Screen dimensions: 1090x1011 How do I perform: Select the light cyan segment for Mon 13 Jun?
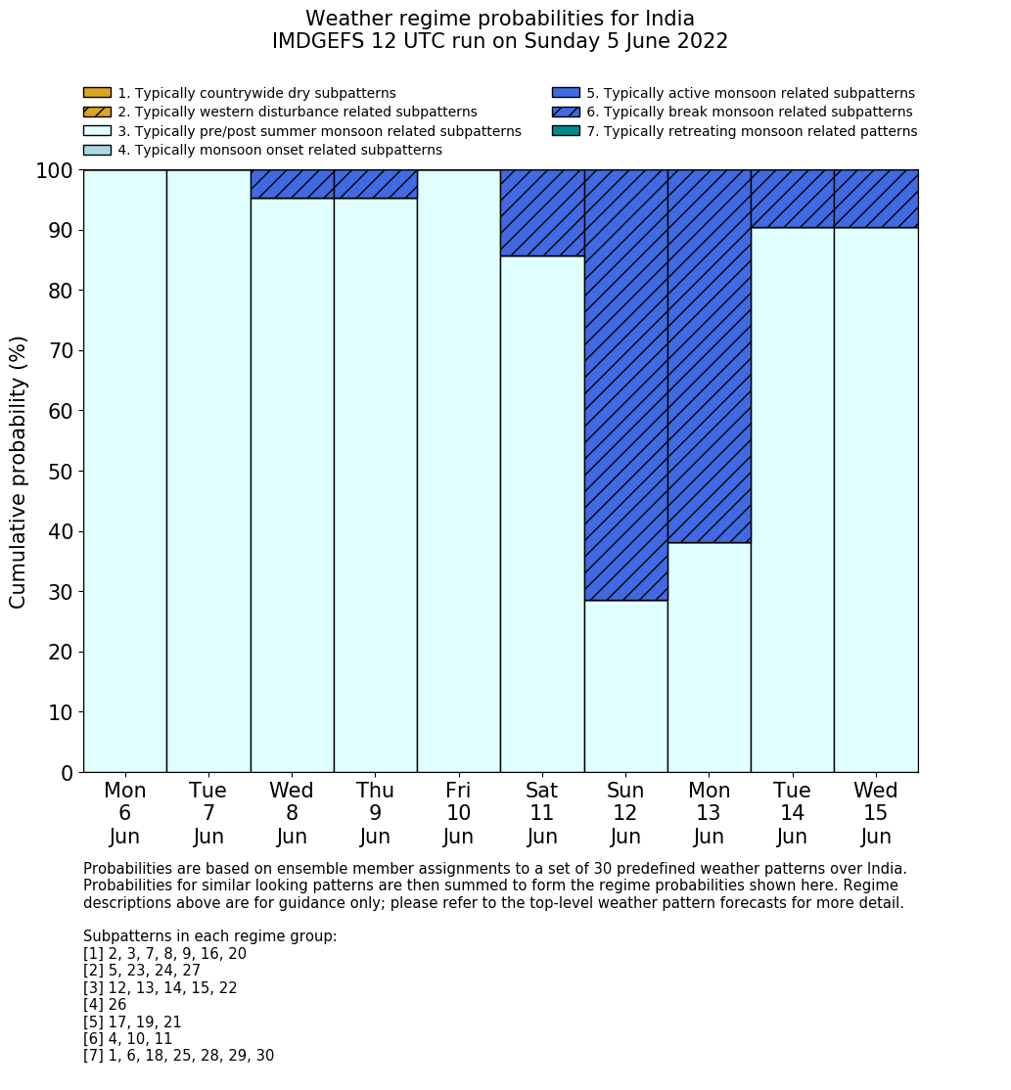click(709, 657)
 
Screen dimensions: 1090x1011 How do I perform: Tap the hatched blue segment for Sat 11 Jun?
click(542, 213)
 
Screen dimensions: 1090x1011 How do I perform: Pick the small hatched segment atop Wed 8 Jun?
click(292, 184)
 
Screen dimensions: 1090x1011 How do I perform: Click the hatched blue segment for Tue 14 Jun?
click(792, 199)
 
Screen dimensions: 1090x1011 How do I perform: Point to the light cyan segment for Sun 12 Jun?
click(625, 686)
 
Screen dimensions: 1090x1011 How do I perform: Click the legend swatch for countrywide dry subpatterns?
click(97, 93)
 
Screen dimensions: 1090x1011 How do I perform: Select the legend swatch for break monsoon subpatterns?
click(566, 113)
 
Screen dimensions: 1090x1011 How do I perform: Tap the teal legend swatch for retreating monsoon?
click(566, 131)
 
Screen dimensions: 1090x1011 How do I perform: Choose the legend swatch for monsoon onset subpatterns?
click(97, 150)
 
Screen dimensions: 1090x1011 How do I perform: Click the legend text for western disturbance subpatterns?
click(298, 113)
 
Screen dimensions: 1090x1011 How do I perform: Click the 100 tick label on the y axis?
click(54, 170)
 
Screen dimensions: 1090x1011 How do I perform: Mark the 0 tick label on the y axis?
click(67, 773)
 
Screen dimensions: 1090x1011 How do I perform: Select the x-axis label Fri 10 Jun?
click(458, 813)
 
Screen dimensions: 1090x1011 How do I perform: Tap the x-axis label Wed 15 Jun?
click(875, 813)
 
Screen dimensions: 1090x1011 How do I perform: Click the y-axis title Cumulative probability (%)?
click(19, 472)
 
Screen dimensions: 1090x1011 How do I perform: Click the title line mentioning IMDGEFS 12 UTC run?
click(499, 42)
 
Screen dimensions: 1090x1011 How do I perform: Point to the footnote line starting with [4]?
click(105, 1005)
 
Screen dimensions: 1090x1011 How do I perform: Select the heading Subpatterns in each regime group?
click(209, 936)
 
